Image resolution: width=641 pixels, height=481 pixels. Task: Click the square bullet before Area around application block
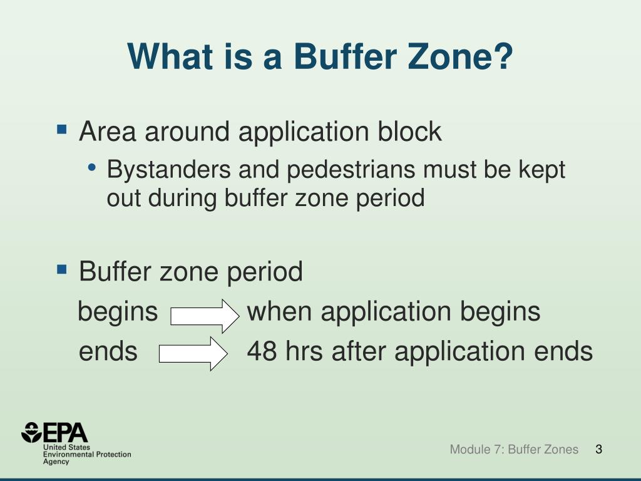(61, 130)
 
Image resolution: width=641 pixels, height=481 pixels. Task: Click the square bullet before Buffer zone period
(61, 270)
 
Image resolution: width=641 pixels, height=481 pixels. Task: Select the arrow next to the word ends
(193, 354)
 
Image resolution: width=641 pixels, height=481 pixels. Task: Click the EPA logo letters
(66, 433)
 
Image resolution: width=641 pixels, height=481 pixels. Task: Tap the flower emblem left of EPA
(31, 433)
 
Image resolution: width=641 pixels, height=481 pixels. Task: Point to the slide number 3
(598, 449)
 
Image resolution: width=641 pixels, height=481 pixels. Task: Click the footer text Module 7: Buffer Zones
(514, 449)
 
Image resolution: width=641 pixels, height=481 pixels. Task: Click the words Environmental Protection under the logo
(87, 454)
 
